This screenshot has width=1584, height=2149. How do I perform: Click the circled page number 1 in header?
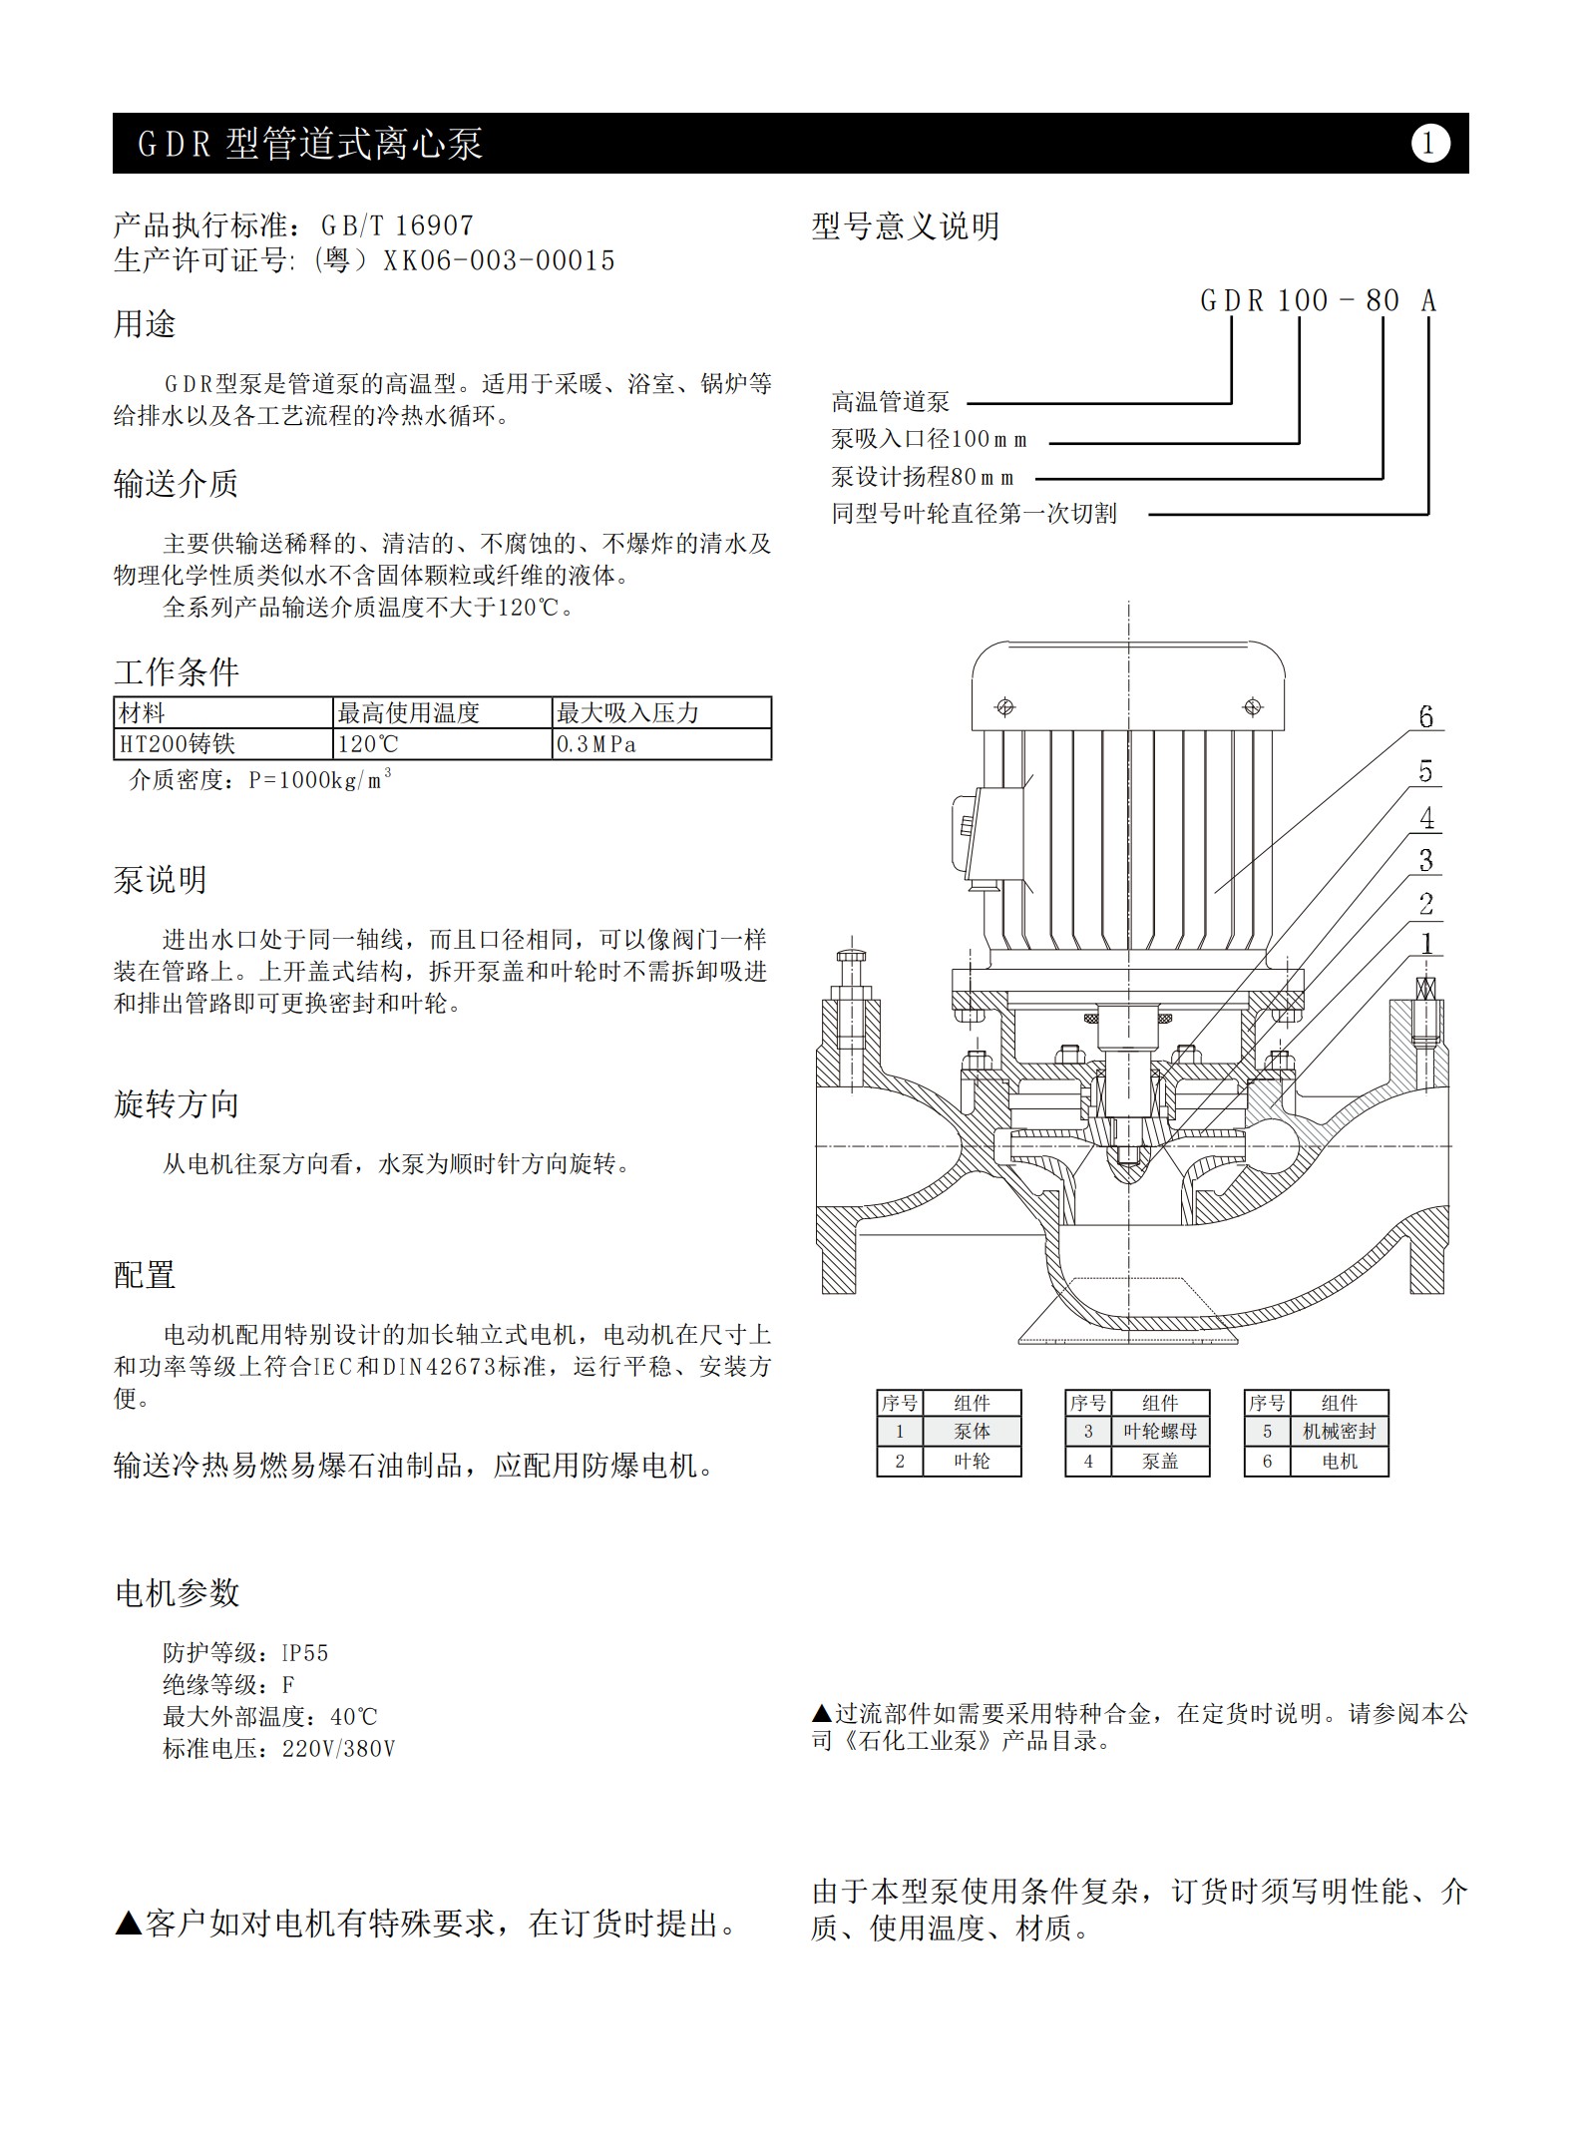(x=1429, y=144)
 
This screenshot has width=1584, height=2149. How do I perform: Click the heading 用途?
(x=145, y=324)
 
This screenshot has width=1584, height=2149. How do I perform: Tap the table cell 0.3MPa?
(x=661, y=744)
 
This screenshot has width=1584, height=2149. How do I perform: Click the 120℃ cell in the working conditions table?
(x=443, y=744)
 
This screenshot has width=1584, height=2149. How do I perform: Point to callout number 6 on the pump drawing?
(x=1425, y=717)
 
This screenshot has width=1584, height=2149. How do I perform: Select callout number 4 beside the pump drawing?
(x=1427, y=818)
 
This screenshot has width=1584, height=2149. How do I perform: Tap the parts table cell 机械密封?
(x=1339, y=1432)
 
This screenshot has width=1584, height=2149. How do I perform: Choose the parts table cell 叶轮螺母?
(x=1160, y=1432)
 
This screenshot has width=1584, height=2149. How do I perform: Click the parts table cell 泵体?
(x=972, y=1432)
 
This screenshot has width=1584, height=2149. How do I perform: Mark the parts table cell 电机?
(x=1339, y=1462)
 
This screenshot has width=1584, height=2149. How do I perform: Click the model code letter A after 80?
(x=1428, y=300)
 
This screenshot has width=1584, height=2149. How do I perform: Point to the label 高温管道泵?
(x=891, y=402)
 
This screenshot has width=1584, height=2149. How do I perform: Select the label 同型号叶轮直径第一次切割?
(x=975, y=514)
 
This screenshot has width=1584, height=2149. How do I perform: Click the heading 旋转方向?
(x=177, y=1104)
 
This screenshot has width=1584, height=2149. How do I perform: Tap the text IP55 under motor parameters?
(x=304, y=1653)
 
